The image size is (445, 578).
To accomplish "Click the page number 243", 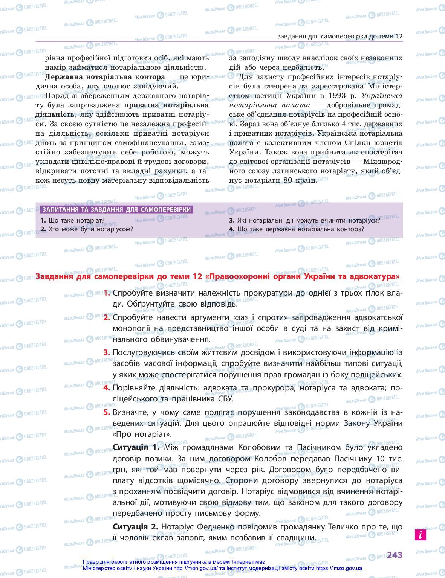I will tap(395, 555).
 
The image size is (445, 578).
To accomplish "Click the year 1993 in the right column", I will tap(338, 95).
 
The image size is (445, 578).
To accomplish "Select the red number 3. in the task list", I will tap(107, 352).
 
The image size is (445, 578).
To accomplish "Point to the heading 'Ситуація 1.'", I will tap(136, 447).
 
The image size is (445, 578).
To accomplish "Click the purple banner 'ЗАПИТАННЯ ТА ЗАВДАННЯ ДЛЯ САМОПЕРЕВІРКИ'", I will tap(116, 209).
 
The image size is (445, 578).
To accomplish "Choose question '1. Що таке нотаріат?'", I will tap(72, 220).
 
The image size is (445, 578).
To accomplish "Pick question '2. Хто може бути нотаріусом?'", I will tap(87, 229).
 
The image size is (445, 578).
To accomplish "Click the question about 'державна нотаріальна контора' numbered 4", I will tap(297, 229).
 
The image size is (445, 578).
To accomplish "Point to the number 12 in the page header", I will tap(399, 37).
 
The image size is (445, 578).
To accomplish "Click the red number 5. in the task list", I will tap(107, 412).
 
